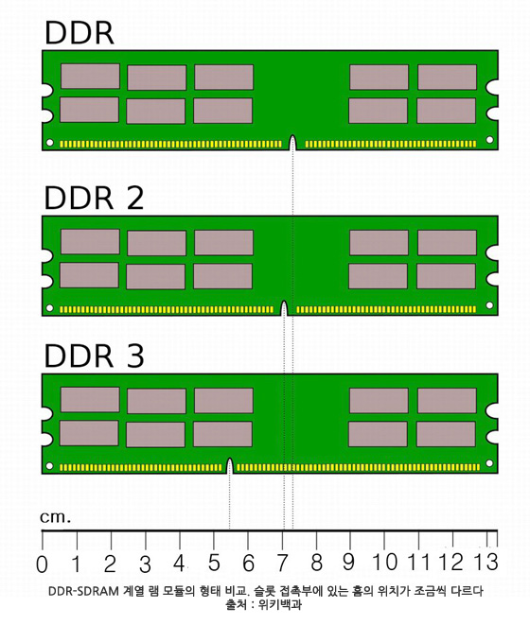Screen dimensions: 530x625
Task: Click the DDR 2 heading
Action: click(94, 198)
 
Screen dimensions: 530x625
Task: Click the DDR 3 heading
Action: click(94, 356)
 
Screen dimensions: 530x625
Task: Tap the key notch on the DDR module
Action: click(292, 142)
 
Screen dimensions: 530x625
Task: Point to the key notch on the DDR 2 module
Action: click(284, 308)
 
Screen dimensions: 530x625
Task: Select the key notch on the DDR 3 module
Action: click(229, 465)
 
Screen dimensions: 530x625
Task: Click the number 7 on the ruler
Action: click(282, 563)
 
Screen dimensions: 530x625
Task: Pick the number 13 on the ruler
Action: click(486, 562)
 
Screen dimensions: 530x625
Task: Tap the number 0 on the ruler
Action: click(42, 564)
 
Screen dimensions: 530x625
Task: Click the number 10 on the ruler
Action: click(385, 562)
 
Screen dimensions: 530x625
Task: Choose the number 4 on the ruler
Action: click(179, 563)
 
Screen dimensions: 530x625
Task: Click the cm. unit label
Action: click(56, 517)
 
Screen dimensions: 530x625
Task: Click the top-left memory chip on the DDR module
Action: click(90, 77)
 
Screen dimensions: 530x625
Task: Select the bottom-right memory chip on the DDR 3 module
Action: click(446, 434)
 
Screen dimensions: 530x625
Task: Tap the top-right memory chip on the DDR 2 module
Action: click(447, 242)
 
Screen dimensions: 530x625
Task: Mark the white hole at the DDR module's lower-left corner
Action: click(50, 142)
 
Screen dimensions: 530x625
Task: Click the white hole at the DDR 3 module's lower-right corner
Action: click(489, 463)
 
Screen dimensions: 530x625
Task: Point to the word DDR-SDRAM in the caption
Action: click(83, 591)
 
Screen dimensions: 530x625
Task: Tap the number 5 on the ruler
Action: click(214, 563)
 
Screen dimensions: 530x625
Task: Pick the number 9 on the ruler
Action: click(348, 562)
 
